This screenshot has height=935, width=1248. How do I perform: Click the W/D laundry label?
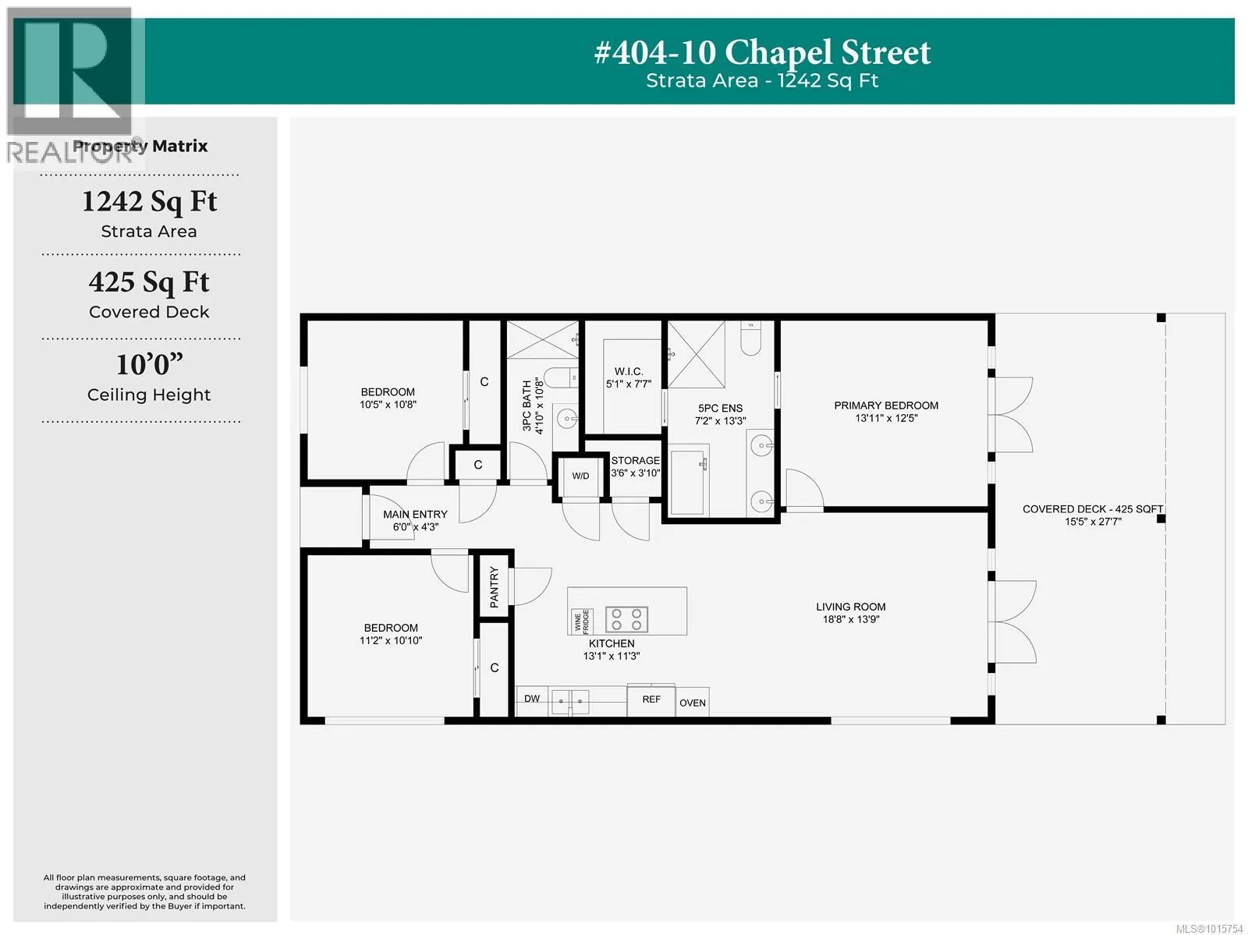[580, 476]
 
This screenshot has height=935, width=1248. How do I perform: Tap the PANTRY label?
[494, 587]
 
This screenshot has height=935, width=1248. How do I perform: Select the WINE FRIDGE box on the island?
[582, 622]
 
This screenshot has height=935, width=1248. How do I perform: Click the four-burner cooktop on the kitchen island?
[626, 619]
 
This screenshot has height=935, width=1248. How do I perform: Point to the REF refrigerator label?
[651, 699]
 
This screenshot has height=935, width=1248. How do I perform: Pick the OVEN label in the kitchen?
[693, 703]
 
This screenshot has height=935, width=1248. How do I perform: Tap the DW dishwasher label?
[532, 699]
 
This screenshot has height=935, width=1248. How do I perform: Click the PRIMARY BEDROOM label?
[886, 406]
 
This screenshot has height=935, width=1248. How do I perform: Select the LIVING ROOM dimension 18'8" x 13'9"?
[850, 619]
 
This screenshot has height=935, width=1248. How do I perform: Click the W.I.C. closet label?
[628, 371]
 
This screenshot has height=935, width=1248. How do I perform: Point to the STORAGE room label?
[635, 460]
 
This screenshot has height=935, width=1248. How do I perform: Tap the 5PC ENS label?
[721, 408]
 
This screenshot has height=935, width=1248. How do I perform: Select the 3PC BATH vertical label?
[526, 406]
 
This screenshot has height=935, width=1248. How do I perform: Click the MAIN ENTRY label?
[415, 515]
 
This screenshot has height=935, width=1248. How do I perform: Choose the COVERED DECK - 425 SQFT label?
[1092, 509]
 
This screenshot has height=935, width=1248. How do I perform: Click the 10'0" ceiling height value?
[150, 364]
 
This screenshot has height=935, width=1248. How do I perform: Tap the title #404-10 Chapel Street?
[762, 53]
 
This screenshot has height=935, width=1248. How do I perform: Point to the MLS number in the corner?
[1209, 929]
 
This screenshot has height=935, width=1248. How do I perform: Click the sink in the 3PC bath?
[567, 420]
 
